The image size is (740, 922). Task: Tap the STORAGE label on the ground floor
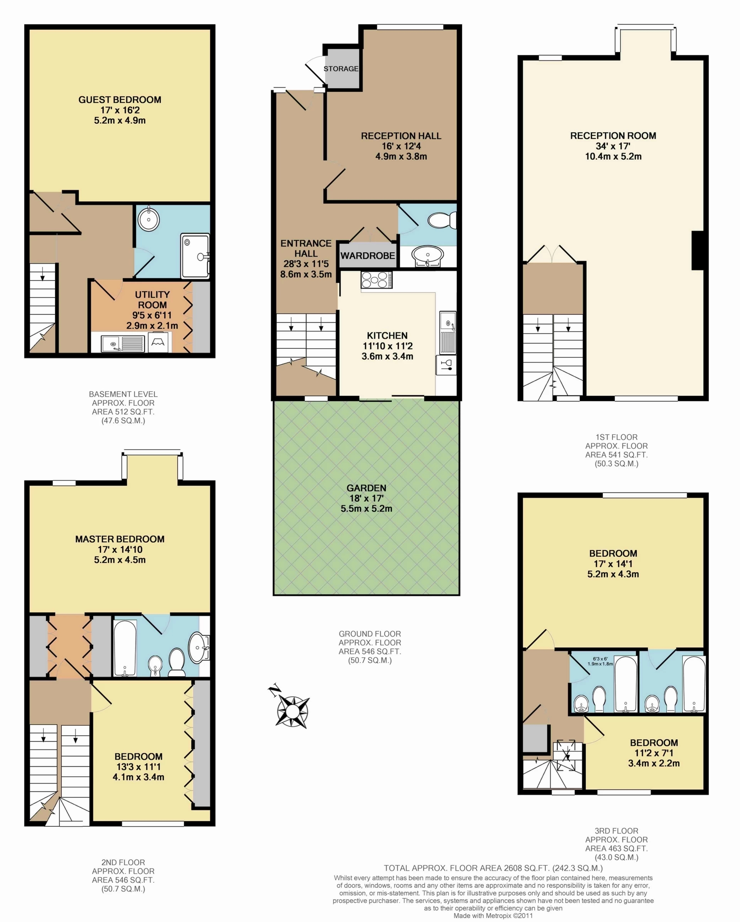coord(341,69)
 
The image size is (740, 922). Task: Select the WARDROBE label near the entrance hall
coord(367,256)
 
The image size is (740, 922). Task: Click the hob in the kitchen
coord(377,280)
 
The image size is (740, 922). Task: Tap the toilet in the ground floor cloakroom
coord(442,221)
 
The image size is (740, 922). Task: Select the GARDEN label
coord(366,488)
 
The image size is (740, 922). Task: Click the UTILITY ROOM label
coord(152,300)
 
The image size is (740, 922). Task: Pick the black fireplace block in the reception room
coord(697,250)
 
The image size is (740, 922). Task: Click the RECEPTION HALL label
coord(401,136)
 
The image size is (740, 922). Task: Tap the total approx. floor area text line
coord(493,868)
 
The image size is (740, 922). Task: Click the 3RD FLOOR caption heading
coord(616,831)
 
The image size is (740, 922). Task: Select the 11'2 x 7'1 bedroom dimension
coord(654,753)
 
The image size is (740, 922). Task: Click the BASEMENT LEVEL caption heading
coord(123,394)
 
